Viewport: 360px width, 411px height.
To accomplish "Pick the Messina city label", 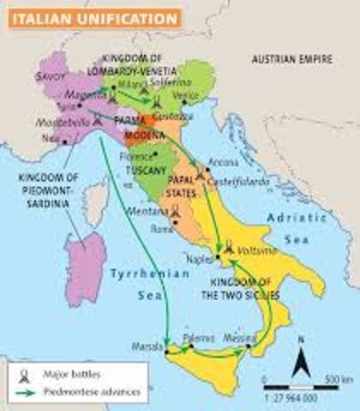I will (x=237, y=339).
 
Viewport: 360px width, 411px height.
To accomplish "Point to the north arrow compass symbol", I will (x=298, y=360).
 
